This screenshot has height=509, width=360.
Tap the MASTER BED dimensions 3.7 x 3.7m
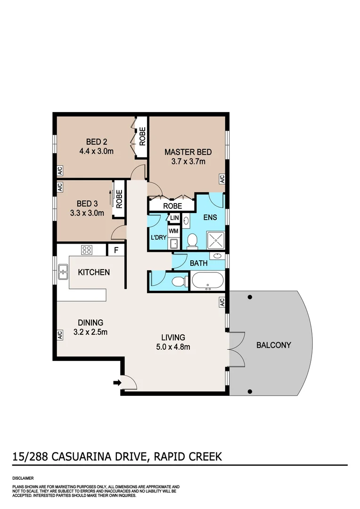(x=188, y=162)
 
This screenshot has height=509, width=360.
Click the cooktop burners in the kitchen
(x=87, y=250)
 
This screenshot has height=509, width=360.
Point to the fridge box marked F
(x=115, y=250)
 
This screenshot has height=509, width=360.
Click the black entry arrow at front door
(x=117, y=382)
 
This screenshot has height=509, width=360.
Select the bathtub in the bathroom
(x=207, y=281)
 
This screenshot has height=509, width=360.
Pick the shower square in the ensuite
(x=215, y=240)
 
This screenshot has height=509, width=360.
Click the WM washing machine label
(x=173, y=231)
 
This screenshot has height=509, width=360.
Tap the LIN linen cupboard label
(x=174, y=218)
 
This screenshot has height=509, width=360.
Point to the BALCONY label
(x=273, y=345)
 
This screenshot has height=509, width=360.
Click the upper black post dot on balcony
(x=250, y=297)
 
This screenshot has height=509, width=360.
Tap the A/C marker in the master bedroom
(x=222, y=179)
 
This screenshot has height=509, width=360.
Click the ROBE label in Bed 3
(x=119, y=199)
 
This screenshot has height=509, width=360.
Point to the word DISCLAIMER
(x=22, y=477)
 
